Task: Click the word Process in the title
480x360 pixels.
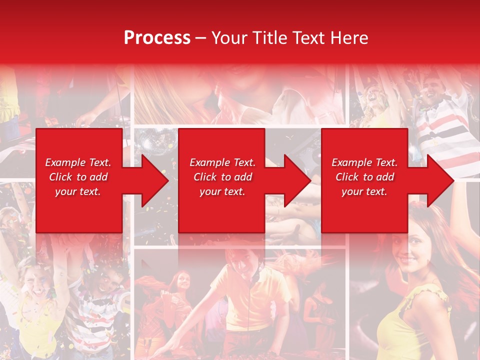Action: click(157, 38)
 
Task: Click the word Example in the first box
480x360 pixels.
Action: click(64, 162)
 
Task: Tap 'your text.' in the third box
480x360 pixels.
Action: click(364, 191)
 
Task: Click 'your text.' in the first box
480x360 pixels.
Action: click(77, 191)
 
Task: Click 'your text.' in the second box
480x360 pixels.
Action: click(222, 191)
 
